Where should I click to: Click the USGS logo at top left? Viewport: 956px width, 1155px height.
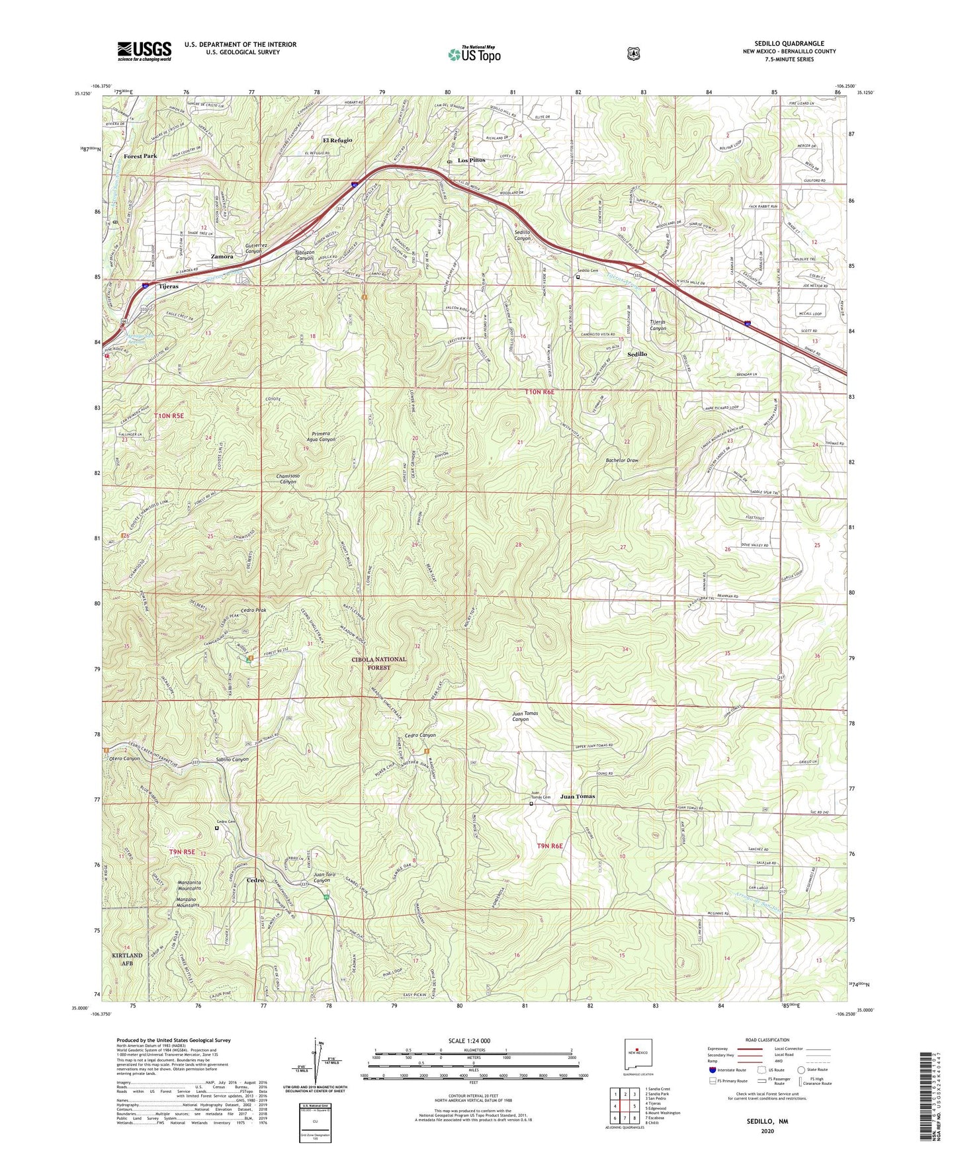(x=144, y=51)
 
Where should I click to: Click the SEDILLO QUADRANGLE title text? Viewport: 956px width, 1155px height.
(x=789, y=44)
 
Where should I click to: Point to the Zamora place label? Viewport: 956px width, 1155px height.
(x=222, y=256)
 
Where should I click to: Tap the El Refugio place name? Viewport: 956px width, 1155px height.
(x=337, y=140)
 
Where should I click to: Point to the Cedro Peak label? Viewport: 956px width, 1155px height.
(x=253, y=610)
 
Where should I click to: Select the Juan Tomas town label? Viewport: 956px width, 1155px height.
(x=578, y=796)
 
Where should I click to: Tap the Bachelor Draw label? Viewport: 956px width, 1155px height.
(x=623, y=460)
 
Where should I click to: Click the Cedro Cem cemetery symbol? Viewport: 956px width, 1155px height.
(x=216, y=827)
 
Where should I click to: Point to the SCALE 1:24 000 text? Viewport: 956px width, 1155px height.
(x=469, y=1041)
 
